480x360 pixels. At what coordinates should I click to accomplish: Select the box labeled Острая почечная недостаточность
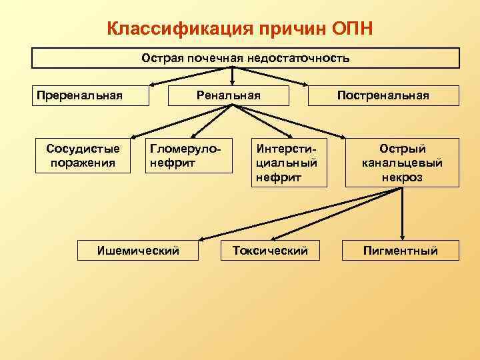click(x=245, y=58)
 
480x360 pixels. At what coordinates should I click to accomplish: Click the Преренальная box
click(x=79, y=95)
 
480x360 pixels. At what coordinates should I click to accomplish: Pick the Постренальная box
click(x=383, y=95)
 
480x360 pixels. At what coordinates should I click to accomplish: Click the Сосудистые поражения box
click(x=79, y=155)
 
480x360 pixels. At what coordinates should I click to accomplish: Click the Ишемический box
click(x=139, y=251)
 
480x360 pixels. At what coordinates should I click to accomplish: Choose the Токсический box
click(x=269, y=251)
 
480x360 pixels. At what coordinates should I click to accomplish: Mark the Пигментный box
click(x=400, y=251)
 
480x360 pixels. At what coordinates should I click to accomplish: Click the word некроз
click(x=402, y=178)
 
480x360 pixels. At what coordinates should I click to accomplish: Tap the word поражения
click(x=79, y=162)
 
